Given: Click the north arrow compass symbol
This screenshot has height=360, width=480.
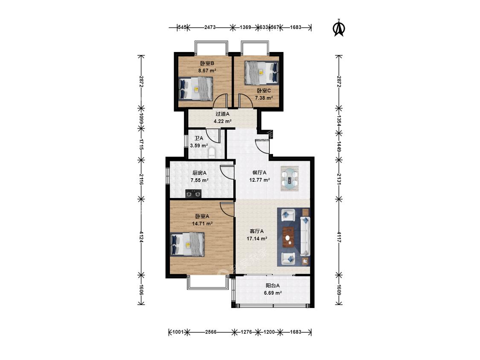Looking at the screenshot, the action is [x=339, y=28].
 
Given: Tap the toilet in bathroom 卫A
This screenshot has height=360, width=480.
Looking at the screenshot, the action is [x=212, y=153].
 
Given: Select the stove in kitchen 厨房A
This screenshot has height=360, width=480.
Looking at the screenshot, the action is [x=193, y=194].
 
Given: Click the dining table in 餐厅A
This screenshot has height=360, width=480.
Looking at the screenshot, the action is [x=290, y=179].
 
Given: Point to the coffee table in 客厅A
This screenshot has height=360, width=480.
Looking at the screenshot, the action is [x=288, y=237].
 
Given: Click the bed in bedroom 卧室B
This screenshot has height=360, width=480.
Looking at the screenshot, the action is [x=195, y=88].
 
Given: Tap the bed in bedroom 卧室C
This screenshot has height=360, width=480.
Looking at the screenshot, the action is [x=262, y=73].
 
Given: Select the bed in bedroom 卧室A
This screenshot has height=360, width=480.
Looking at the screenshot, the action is [x=187, y=244].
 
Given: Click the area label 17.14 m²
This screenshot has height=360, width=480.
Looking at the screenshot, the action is [x=257, y=238].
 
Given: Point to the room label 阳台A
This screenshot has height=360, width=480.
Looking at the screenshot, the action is [x=273, y=286].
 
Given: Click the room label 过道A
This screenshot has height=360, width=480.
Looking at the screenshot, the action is [x=223, y=114].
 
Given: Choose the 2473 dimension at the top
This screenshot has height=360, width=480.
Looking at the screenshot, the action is [x=210, y=27].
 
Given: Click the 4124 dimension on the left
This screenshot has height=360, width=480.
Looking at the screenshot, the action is [x=141, y=237].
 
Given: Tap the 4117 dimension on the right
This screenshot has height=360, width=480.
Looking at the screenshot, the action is [x=339, y=237].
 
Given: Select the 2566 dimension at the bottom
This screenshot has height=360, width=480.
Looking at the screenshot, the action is [x=211, y=332].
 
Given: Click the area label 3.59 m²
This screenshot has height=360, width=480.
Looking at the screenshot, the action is [x=199, y=146].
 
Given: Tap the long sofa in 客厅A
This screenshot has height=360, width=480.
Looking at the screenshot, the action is [x=305, y=236].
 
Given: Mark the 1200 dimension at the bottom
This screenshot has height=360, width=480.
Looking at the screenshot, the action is [x=269, y=332].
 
